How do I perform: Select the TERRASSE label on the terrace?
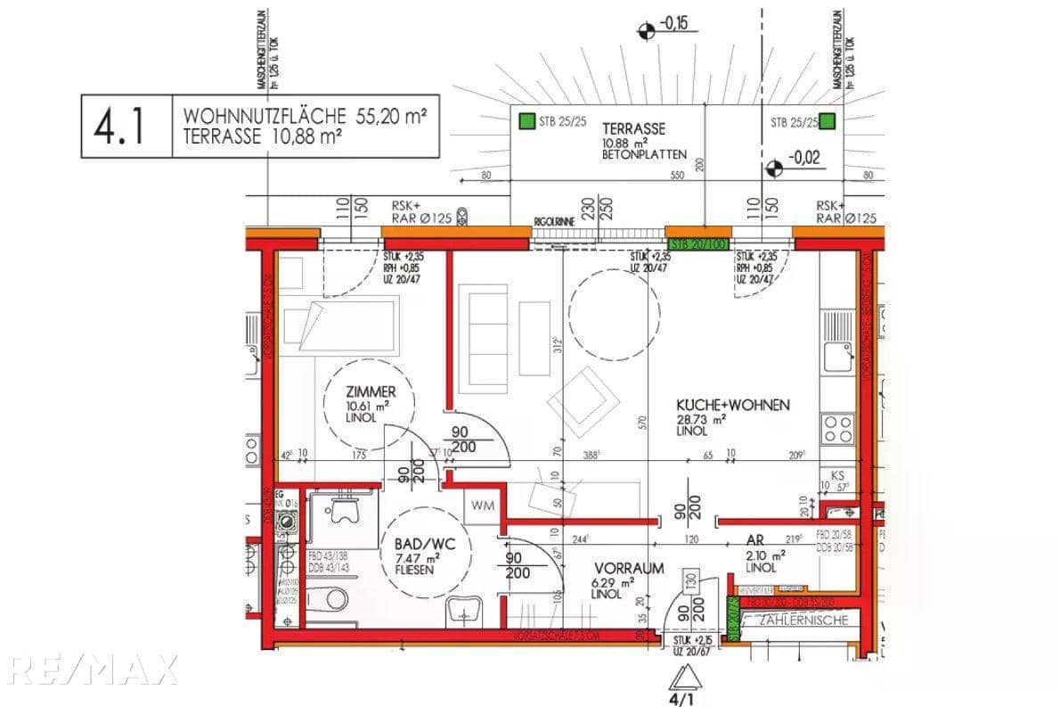point(633,128)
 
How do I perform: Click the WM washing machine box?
point(484,506)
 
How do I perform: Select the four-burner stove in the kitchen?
point(837,428)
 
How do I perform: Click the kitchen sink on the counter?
point(837,356)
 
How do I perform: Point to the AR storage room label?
point(754,540)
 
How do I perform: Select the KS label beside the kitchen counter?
point(836,475)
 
